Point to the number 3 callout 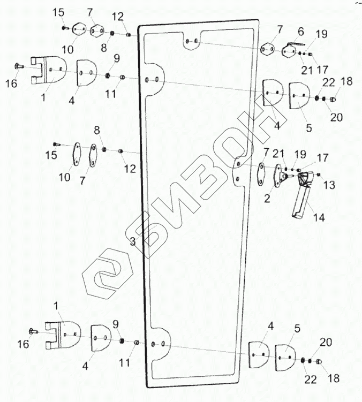point(132,242)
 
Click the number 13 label point(329,185)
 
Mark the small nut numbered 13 point(319,175)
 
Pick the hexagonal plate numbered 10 point(79,29)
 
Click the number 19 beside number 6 point(321,33)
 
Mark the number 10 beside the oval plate point(64,177)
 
